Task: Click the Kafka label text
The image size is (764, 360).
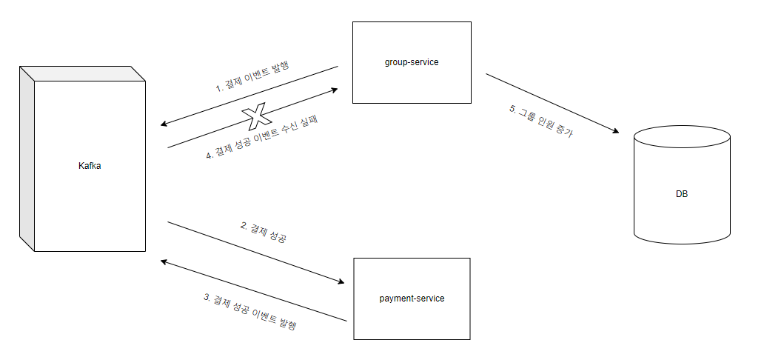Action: [x=90, y=166]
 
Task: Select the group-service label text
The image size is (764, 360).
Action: [x=412, y=62]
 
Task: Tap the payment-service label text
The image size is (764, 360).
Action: [x=412, y=299]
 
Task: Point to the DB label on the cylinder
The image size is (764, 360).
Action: [x=682, y=194]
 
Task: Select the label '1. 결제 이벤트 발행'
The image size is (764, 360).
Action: [x=252, y=77]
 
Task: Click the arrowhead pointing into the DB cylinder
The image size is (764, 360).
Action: [x=614, y=131]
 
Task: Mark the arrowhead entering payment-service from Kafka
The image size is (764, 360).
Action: [x=341, y=282]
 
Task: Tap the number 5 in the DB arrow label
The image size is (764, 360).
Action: [x=512, y=108]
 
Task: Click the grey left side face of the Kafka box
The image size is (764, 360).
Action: [x=27, y=159]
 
